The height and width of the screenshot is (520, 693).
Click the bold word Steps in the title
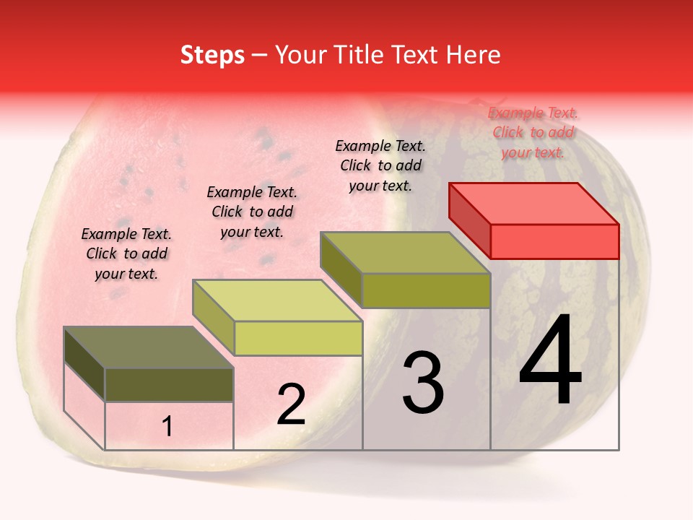point(212,55)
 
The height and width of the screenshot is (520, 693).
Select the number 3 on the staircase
point(423,383)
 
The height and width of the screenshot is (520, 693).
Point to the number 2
point(292,404)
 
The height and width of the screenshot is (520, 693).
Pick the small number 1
point(167,427)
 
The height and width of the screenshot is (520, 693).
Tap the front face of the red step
point(554,241)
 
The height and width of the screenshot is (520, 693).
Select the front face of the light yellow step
point(298,338)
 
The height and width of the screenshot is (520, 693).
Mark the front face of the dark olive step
point(169,385)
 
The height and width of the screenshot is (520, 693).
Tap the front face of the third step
point(426,290)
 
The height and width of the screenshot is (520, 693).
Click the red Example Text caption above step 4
point(533,132)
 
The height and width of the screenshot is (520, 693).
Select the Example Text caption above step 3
point(380,165)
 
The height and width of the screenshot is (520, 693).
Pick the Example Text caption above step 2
point(252,212)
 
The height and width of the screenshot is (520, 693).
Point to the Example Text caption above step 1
point(126,253)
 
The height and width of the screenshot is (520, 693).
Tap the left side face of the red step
point(469,220)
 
